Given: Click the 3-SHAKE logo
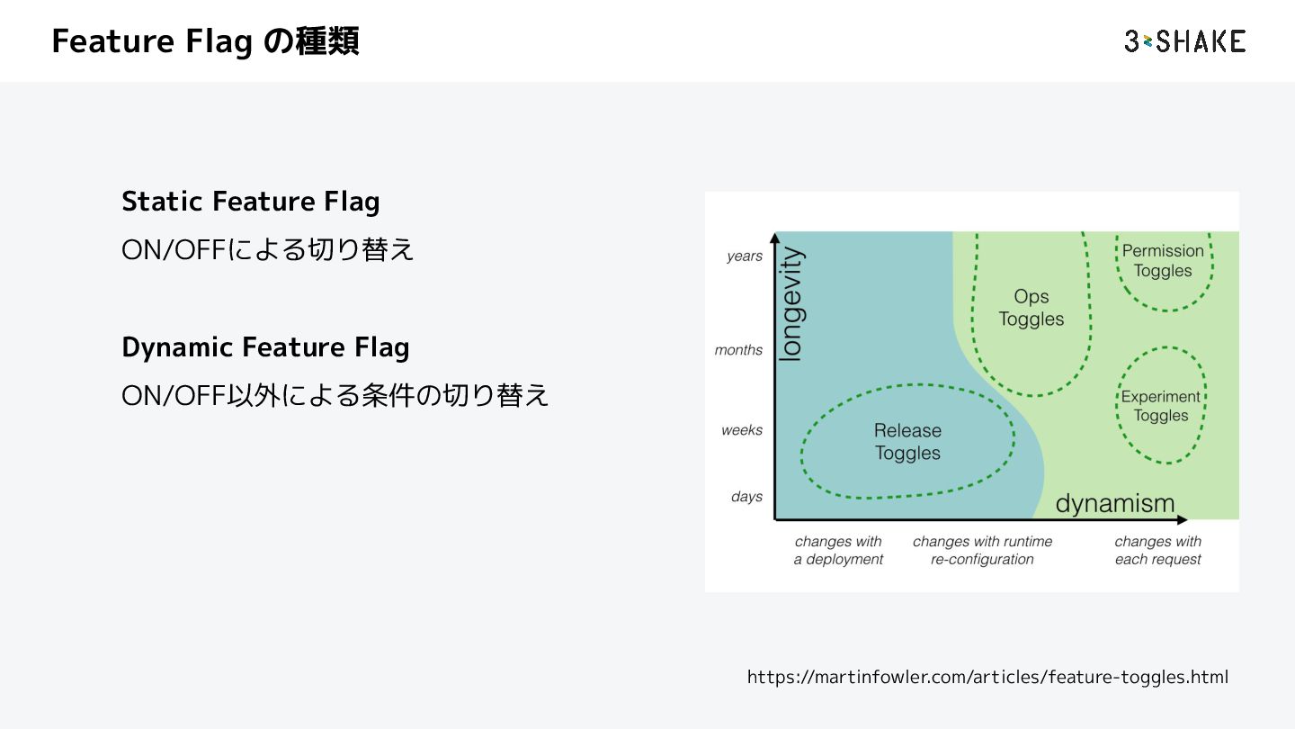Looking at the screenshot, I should pyautogui.click(x=1184, y=41).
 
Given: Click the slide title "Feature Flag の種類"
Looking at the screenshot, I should pyautogui.click(x=205, y=41).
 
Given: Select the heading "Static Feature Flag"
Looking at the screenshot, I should pyautogui.click(x=250, y=202).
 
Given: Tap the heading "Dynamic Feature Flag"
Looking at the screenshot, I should pyautogui.click(x=265, y=347).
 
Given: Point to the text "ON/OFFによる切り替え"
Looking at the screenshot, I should pyautogui.click(x=268, y=249).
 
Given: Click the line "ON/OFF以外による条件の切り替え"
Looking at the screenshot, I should pyautogui.click(x=335, y=395).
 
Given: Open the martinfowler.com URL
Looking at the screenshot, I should pyautogui.click(x=987, y=677).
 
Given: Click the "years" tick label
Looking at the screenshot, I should pyautogui.click(x=745, y=256).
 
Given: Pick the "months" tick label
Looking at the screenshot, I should pyautogui.click(x=738, y=350).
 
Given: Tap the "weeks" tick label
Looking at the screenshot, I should pyautogui.click(x=742, y=430).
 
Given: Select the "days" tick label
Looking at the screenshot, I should pyautogui.click(x=746, y=497).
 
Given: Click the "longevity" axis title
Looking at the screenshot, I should pyautogui.click(x=790, y=304).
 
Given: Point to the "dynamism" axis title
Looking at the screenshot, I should pyautogui.click(x=1115, y=503).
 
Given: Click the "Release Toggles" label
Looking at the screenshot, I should pyautogui.click(x=907, y=442).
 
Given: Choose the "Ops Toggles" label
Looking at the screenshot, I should pyautogui.click(x=1032, y=308).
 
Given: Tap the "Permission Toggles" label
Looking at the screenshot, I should pyautogui.click(x=1163, y=261).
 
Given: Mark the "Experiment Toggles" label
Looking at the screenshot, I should pyautogui.click(x=1161, y=406).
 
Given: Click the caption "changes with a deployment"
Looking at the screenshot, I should pyautogui.click(x=838, y=551).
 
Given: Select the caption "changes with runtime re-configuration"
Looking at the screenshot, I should pyautogui.click(x=982, y=551).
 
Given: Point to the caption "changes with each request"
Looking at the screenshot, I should pyautogui.click(x=1157, y=551).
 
